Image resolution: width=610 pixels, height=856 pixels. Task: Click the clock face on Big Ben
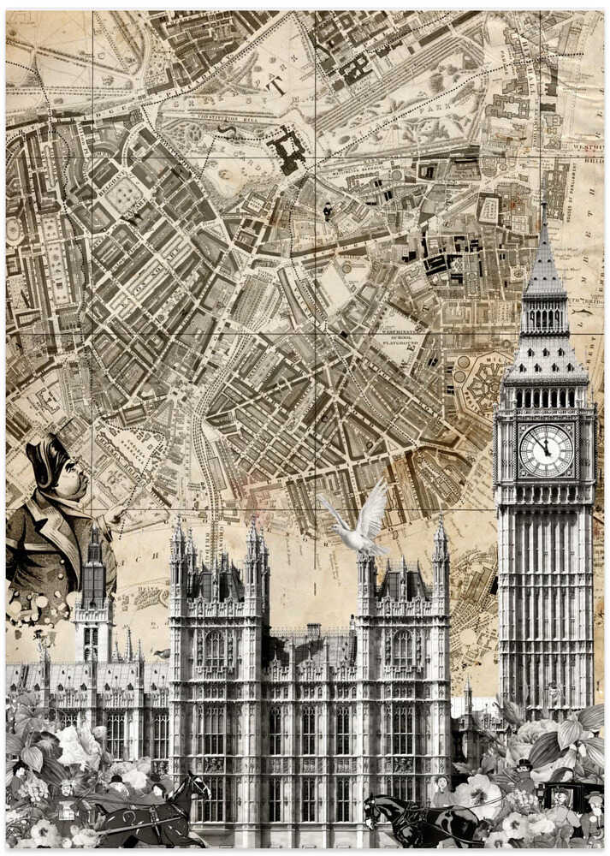coord(546,450)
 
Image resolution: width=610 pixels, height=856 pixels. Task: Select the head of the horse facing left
coord(374,809)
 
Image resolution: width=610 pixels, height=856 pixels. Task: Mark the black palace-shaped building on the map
coord(288,151)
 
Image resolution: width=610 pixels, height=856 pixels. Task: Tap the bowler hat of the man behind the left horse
coord(116,780)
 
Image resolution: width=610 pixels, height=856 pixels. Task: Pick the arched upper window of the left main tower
coord(215,648)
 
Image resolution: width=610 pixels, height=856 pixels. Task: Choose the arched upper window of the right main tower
coord(402,648)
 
